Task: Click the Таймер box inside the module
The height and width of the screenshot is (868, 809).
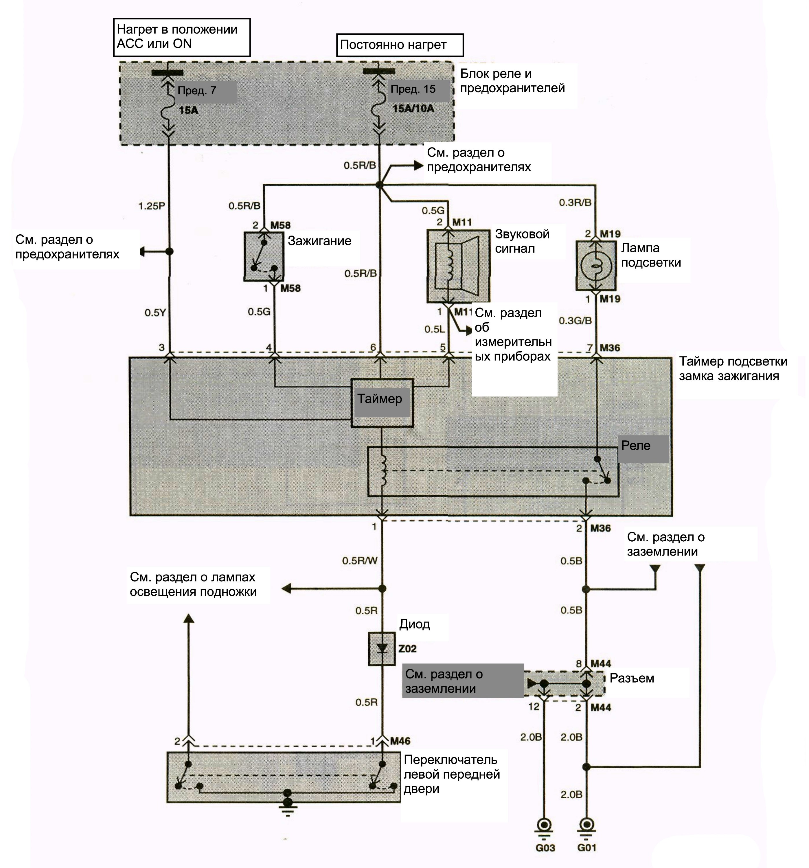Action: tap(382, 402)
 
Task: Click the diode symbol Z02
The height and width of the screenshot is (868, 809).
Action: tap(382, 648)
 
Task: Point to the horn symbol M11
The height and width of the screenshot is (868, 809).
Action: tap(458, 266)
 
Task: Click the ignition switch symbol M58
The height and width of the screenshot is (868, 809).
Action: tap(264, 256)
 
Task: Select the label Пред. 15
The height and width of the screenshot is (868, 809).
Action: tap(413, 89)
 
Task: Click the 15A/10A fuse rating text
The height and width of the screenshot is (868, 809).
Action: tap(413, 108)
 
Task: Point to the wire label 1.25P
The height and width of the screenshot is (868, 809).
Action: tap(152, 206)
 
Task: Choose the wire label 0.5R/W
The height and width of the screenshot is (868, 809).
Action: tap(360, 561)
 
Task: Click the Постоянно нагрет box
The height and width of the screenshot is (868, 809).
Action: tap(400, 45)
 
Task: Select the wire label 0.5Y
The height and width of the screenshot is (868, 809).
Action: tap(155, 312)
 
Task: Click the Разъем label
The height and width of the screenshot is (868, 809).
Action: tap(632, 678)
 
